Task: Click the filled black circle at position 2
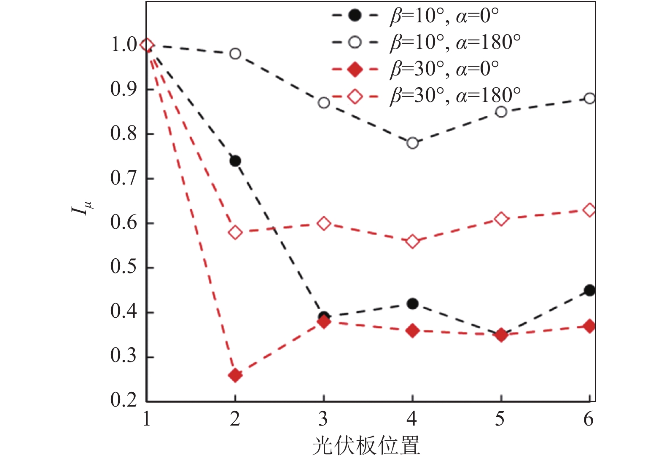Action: click(235, 161)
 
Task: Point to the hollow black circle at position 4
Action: click(412, 143)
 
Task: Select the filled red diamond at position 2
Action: click(235, 375)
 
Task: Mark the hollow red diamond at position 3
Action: click(324, 223)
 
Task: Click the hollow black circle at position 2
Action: click(235, 54)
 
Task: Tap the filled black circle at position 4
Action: click(412, 304)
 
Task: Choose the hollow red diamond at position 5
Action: click(501, 219)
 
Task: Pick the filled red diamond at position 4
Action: click(412, 331)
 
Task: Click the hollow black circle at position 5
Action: click(501, 112)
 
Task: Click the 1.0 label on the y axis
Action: click(124, 45)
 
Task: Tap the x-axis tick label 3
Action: click(323, 419)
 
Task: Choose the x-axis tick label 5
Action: click(500, 419)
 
